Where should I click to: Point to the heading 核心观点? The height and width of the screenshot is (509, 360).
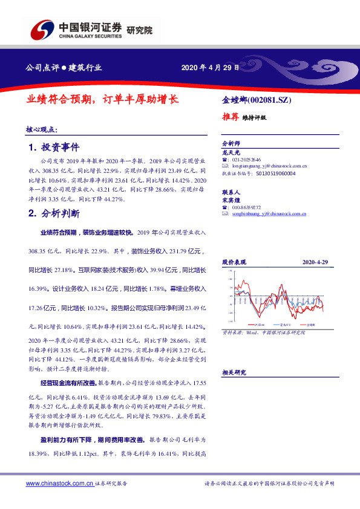coord(42,129)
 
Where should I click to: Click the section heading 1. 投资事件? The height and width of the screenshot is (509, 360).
coord(54,148)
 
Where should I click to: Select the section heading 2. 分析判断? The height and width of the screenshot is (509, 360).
coord(54,213)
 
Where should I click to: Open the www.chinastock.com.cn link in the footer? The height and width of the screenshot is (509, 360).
coord(60,484)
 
